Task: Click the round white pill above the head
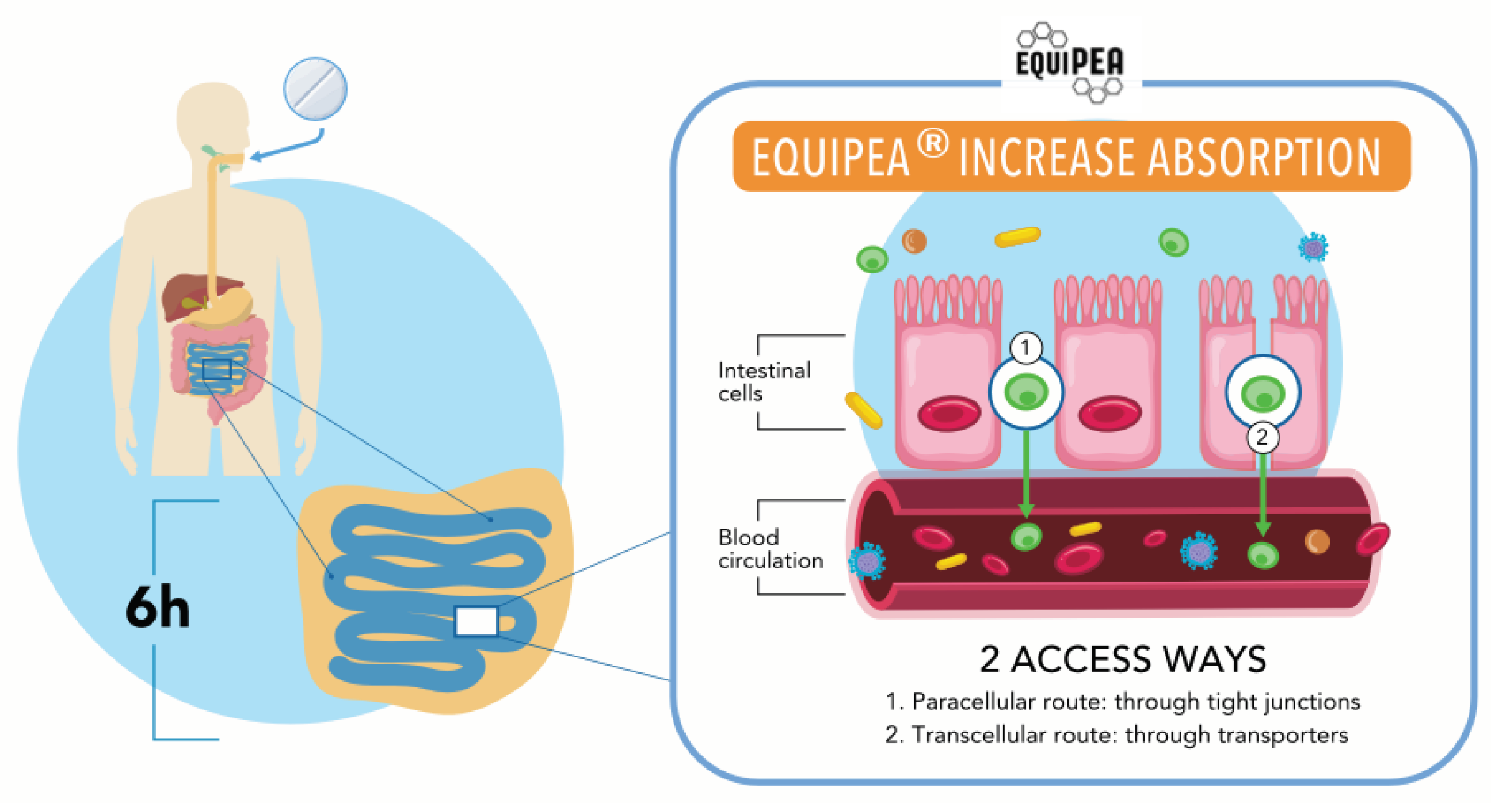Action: pos(315,89)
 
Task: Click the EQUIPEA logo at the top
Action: pos(1070,63)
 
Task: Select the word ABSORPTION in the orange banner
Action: pos(1264,158)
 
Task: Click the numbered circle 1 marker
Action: pos(1025,347)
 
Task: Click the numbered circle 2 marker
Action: pos(1263,437)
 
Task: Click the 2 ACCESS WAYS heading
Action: pos(1123,659)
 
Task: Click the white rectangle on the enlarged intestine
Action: pos(476,621)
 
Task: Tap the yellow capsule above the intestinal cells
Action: pos(1017,236)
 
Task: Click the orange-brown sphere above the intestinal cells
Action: pos(914,240)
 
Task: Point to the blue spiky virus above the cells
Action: pos(1313,247)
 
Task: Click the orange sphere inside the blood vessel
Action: pos(1317,542)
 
